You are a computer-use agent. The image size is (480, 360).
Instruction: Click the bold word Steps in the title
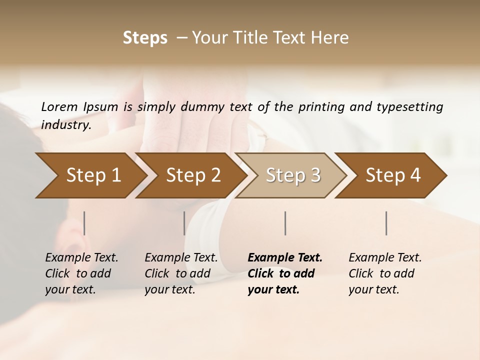(145, 38)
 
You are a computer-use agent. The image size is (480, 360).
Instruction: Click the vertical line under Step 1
(84, 223)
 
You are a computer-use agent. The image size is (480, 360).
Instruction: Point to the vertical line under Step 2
(184, 223)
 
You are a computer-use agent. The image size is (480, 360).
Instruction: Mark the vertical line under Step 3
(285, 223)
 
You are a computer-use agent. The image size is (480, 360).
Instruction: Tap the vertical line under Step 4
(386, 223)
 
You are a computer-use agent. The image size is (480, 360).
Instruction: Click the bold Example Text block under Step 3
(285, 273)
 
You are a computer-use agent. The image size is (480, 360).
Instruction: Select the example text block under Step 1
(81, 273)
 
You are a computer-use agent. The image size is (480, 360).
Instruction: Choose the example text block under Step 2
(181, 273)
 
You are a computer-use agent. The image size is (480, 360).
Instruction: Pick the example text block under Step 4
(385, 273)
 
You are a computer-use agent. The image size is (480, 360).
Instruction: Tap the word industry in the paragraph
(65, 124)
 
